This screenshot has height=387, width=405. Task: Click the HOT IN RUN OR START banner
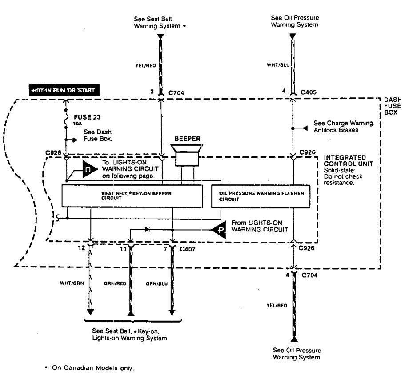pyautogui.click(x=63, y=91)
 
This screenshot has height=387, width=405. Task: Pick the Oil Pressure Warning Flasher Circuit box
pyautogui.click(x=260, y=196)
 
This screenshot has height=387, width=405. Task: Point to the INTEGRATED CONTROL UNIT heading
pyautogui.click(x=345, y=160)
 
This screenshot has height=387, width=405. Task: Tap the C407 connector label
pyautogui.click(x=187, y=249)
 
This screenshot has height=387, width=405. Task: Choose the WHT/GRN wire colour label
pyautogui.click(x=72, y=283)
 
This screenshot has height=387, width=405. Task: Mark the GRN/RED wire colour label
pyautogui.click(x=113, y=283)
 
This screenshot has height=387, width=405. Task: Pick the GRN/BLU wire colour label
pyautogui.click(x=155, y=283)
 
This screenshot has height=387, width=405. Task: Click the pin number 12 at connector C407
pyautogui.click(x=81, y=249)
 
